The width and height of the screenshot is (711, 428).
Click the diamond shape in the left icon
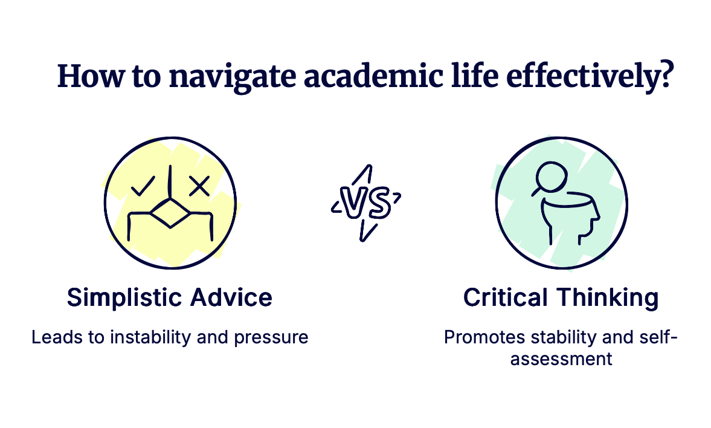(x=170, y=213)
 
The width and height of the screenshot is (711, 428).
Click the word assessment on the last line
(x=561, y=359)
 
